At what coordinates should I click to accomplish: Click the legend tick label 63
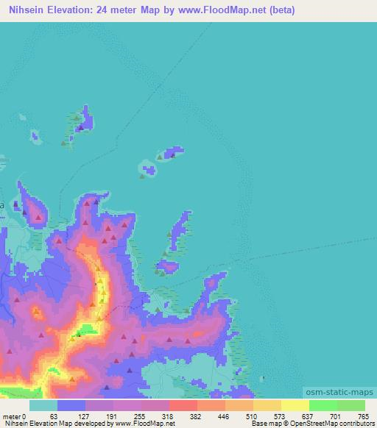(x=52, y=416)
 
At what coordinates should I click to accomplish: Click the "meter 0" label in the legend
(x=14, y=416)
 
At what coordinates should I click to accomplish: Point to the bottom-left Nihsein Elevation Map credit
(x=88, y=424)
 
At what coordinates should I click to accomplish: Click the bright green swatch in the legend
(x=323, y=405)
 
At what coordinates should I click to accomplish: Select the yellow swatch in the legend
(x=295, y=405)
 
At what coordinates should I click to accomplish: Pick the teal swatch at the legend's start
(x=43, y=405)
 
